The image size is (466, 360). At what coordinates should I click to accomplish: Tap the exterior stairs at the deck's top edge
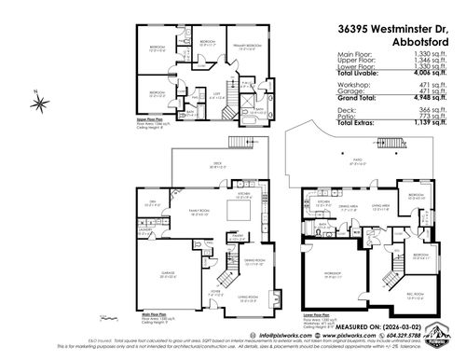pyautogui.click(x=236, y=141)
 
